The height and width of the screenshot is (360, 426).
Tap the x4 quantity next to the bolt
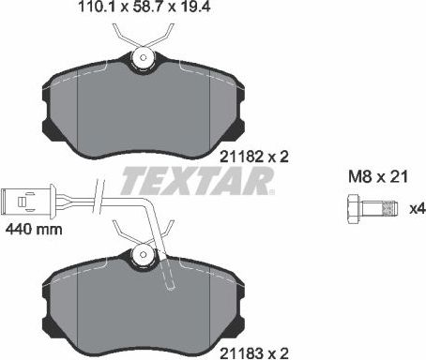tap(414, 208)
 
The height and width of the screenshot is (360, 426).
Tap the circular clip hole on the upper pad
tap(143, 57)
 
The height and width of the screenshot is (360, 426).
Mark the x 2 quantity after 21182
tap(271, 158)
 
